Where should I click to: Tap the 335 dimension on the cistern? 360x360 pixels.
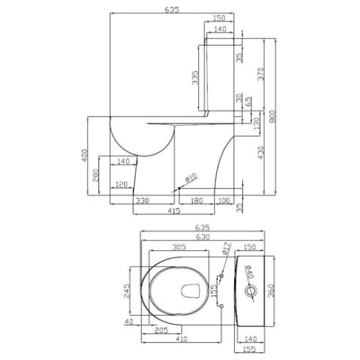[x=197, y=80]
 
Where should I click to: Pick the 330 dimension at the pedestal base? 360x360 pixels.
[x=142, y=200]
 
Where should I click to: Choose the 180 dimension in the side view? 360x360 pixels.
[x=196, y=200]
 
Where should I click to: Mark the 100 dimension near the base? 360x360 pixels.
[x=224, y=200]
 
